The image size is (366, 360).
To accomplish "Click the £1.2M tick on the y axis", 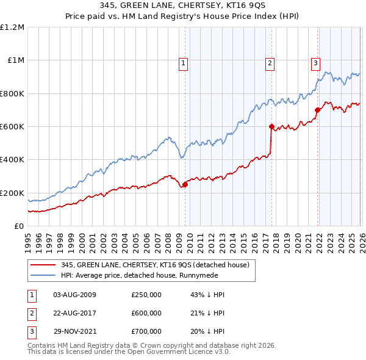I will coord(13,27).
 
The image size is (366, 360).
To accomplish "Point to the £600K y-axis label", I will coord(13,127).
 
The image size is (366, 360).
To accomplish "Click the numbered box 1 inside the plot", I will coord(184,62).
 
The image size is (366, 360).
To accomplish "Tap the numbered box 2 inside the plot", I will coord(270,62).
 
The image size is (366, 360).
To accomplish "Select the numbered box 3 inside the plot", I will coord(315,62).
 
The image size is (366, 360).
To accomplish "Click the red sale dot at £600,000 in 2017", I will coord(271,127).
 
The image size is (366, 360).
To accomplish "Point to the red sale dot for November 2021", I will coord(318,110).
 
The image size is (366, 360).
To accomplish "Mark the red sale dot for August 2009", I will coord(185,185).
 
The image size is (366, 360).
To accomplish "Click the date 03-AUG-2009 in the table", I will coord(74,295).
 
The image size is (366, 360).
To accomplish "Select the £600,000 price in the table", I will coord(146,313).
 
